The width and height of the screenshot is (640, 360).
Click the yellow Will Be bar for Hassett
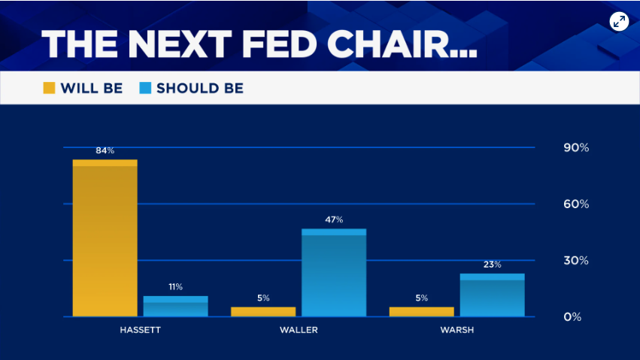coord(105,238)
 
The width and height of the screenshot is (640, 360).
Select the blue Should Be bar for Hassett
coord(175,307)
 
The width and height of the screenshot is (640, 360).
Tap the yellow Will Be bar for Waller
coord(262,312)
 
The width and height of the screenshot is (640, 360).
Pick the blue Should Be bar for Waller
coord(334,273)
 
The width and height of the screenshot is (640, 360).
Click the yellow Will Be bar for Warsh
coord(421,312)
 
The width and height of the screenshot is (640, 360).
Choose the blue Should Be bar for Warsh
coord(492,295)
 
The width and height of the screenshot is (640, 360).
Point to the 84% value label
coord(105,150)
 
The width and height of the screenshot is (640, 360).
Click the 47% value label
coord(334,219)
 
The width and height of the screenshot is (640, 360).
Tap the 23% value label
coord(492,265)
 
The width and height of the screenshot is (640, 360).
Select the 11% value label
coord(175,286)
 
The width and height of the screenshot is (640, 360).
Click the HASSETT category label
coord(140,330)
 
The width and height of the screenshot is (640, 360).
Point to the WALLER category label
coord(299,330)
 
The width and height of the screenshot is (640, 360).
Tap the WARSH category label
coord(456,330)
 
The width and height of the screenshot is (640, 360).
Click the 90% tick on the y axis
coord(576,148)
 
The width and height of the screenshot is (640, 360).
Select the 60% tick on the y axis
coord(576,204)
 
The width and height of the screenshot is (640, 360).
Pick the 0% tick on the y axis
coord(572,317)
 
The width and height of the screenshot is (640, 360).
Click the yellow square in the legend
coord(49,88)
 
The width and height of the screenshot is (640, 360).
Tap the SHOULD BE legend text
coord(200,88)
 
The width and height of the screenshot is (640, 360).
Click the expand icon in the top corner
coord(619,21)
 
